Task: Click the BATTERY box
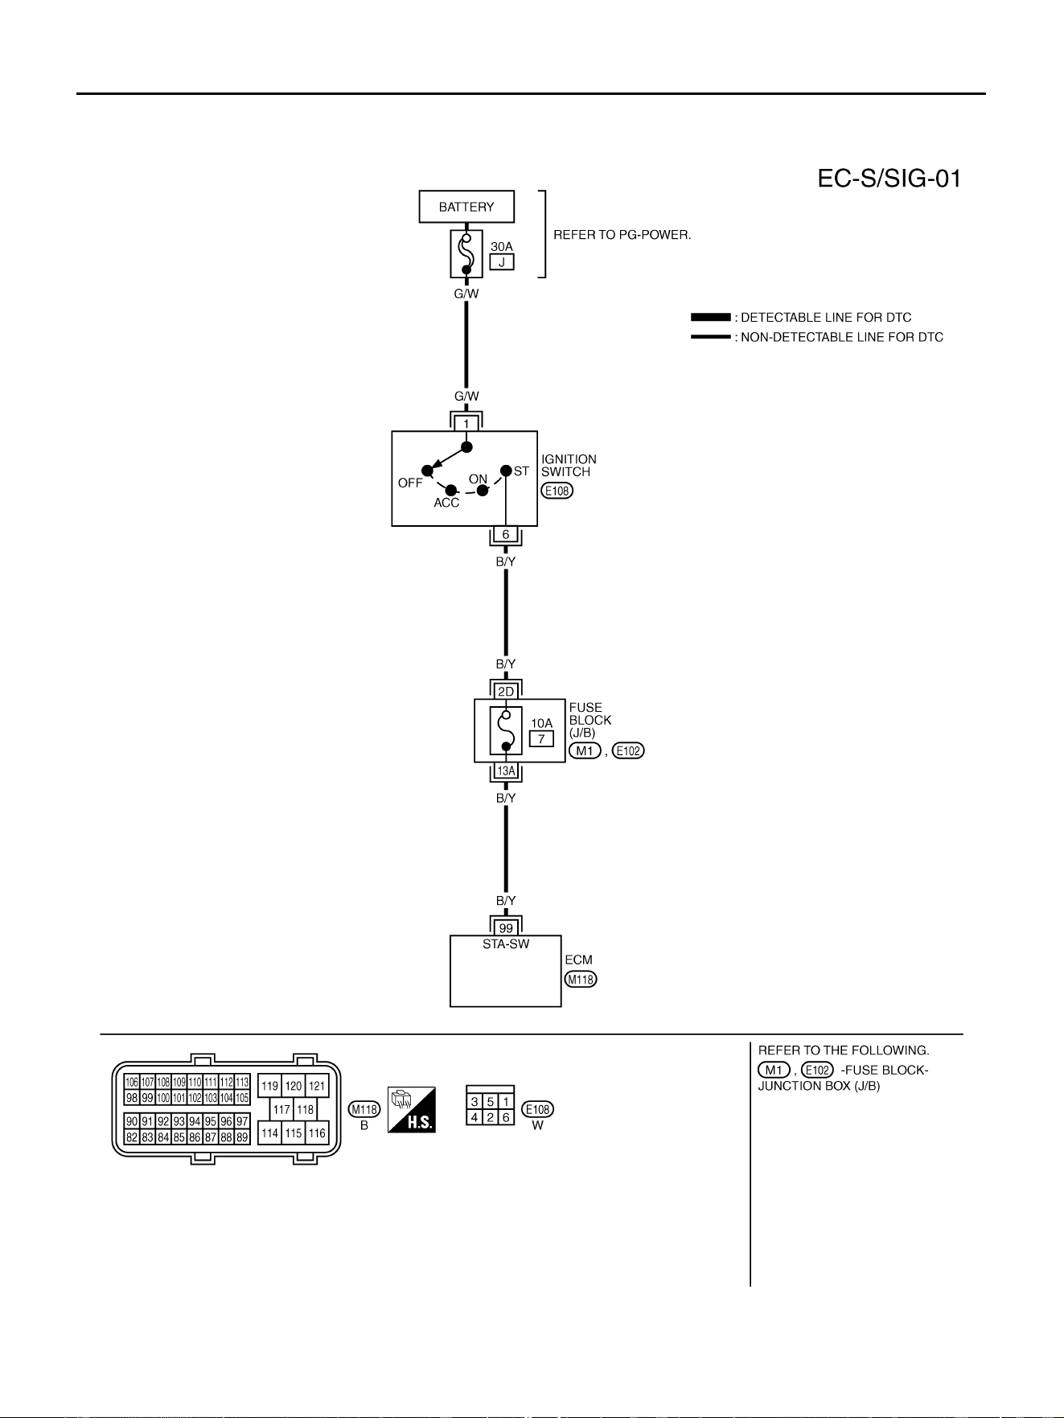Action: [466, 207]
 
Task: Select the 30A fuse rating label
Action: [502, 246]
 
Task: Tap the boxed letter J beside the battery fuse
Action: [502, 262]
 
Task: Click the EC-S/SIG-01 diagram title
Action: [889, 178]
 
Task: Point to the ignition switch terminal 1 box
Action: [466, 424]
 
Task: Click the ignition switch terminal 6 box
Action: [506, 535]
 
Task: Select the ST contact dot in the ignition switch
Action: [506, 471]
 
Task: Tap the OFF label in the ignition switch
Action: [410, 483]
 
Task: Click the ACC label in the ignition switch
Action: [446, 503]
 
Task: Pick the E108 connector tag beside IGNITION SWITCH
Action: [557, 491]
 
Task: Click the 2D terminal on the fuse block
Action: [506, 692]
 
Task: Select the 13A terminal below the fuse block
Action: [506, 771]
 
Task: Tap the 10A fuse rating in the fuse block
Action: [542, 723]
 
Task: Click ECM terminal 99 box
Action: [506, 928]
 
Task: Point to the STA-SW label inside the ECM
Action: [506, 944]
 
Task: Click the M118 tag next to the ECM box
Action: [581, 980]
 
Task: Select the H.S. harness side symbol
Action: [412, 1110]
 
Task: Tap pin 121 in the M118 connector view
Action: [318, 1086]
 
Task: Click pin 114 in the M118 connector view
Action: [270, 1133]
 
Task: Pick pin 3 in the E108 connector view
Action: [474, 1102]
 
